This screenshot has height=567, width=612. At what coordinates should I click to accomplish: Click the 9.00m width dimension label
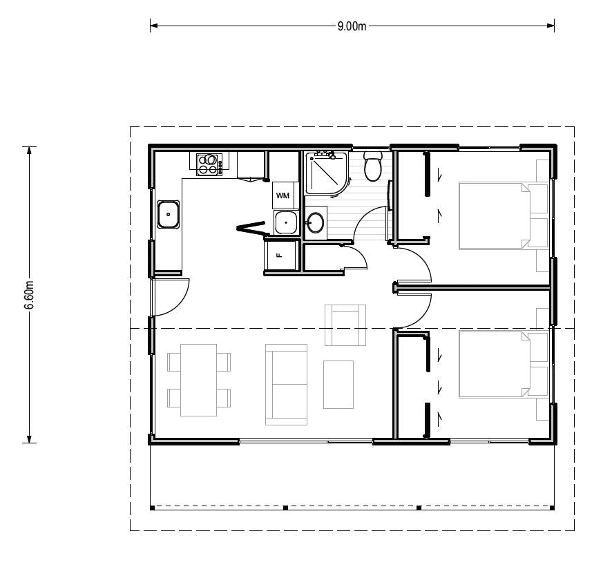click(352, 26)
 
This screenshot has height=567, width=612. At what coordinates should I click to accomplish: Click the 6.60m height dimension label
click(30, 295)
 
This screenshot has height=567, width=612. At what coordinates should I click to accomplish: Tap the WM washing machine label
click(283, 195)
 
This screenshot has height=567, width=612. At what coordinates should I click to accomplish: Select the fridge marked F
click(280, 256)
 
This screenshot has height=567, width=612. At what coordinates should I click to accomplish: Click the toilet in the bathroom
click(373, 166)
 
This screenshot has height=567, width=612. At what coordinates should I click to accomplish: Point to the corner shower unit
click(326, 173)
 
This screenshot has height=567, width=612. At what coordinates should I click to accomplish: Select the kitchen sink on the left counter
click(169, 214)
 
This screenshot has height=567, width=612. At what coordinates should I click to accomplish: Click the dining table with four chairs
click(199, 380)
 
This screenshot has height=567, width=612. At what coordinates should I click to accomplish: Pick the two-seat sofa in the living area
click(286, 385)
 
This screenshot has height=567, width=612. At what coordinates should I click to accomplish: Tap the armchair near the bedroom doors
click(345, 325)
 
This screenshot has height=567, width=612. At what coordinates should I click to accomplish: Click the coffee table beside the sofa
click(338, 385)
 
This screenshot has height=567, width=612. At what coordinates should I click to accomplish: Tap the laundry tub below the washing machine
click(286, 222)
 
